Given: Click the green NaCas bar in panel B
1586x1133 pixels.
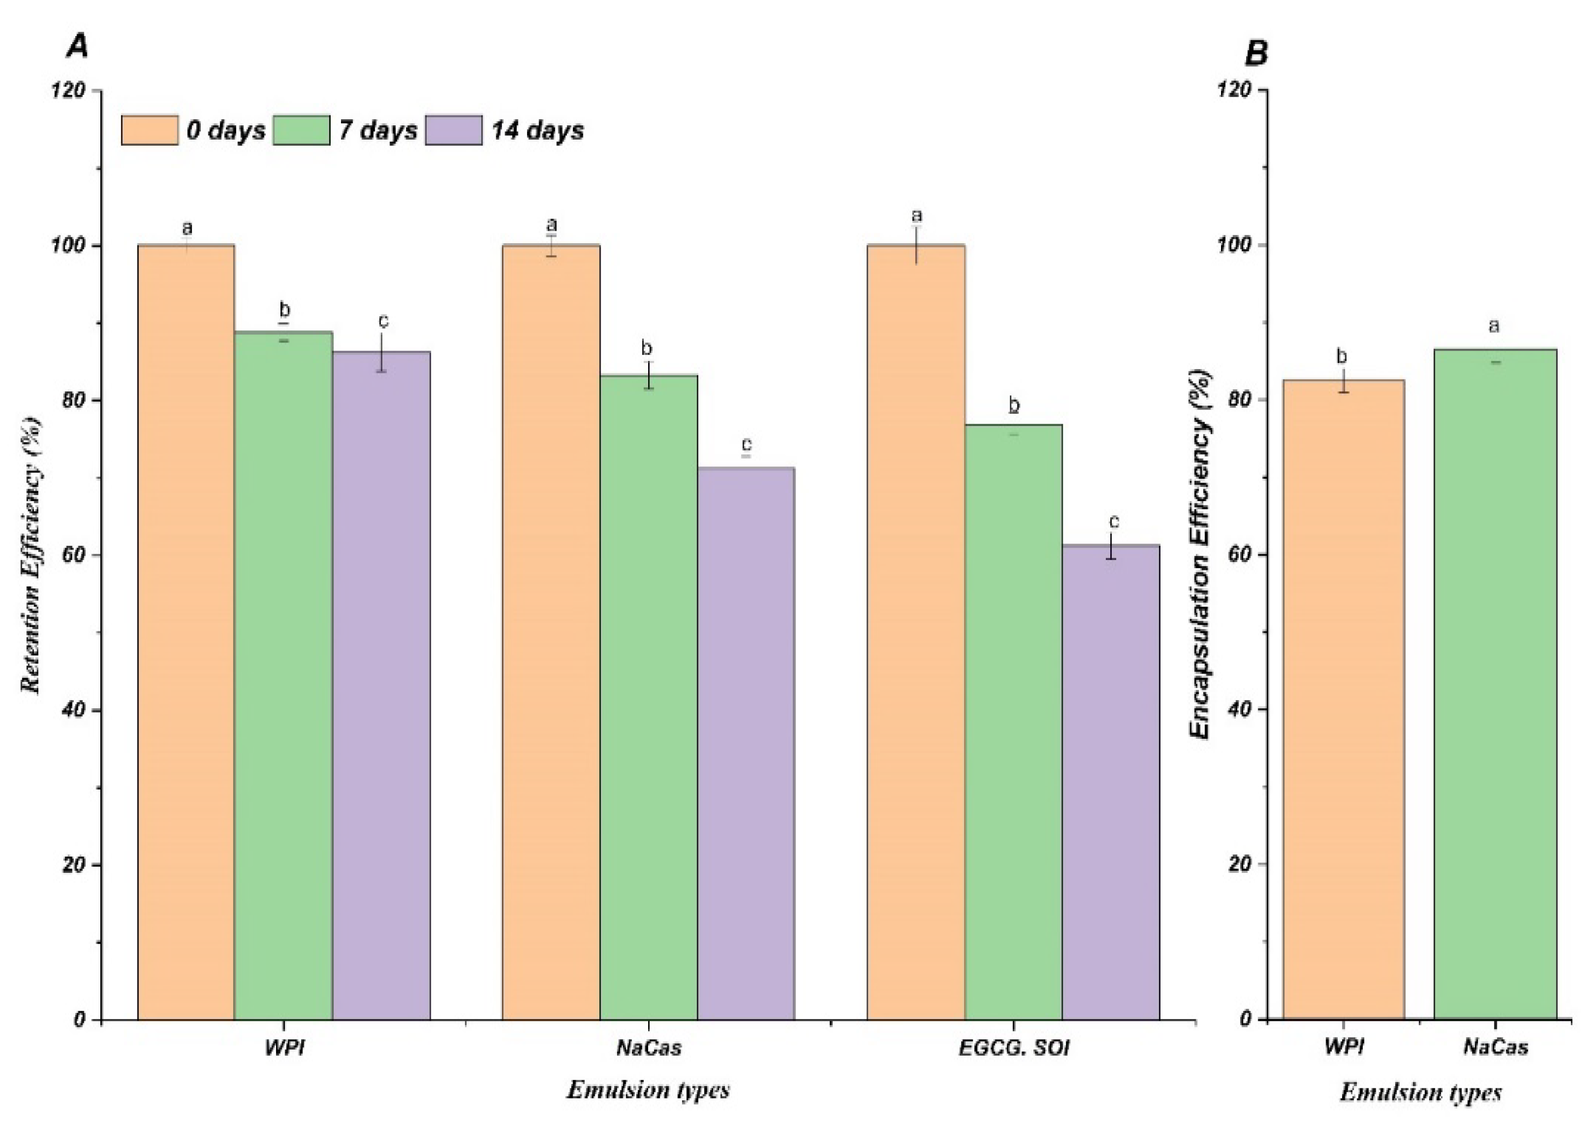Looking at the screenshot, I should (1494, 684).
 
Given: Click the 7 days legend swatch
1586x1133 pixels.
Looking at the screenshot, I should (301, 130).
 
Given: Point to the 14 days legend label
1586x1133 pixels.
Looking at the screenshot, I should (537, 130).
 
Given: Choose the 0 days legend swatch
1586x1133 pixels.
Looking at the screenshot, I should (149, 130).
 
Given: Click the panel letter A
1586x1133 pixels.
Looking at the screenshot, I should (77, 47).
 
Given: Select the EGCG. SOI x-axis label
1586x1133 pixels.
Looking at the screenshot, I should (1013, 1048).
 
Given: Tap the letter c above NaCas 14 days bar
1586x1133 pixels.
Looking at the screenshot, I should (746, 444).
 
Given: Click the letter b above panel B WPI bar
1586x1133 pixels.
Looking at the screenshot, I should (1342, 357).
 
